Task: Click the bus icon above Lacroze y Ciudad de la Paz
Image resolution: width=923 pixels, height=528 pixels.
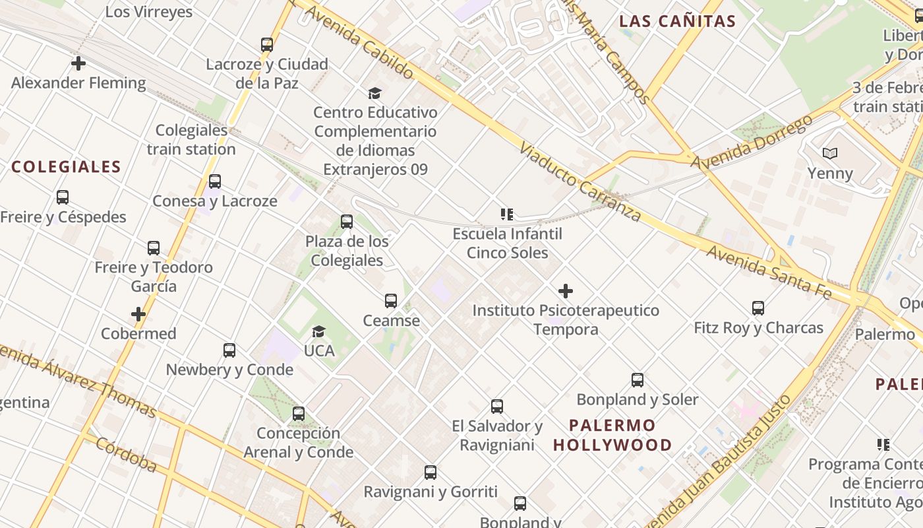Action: (x=266, y=45)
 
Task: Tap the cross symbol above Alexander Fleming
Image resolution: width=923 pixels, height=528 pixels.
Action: (x=78, y=63)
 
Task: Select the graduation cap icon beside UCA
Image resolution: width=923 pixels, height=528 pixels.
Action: (x=319, y=331)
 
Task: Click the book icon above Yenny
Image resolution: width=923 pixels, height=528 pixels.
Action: (x=830, y=154)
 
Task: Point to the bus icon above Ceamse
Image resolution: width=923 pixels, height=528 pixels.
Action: (x=391, y=301)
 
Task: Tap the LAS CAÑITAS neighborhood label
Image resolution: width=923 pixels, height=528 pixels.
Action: (x=677, y=21)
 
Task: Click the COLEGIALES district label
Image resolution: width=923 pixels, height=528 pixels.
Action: (x=66, y=166)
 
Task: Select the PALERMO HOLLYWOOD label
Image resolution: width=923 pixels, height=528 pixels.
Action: (x=612, y=435)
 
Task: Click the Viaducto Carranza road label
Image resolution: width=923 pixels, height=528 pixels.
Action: (x=580, y=181)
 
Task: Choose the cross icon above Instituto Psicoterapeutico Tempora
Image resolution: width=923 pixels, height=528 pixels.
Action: (x=566, y=290)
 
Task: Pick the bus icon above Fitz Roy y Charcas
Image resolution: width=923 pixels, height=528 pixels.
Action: (x=758, y=308)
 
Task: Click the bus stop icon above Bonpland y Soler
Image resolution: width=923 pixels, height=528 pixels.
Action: (x=637, y=380)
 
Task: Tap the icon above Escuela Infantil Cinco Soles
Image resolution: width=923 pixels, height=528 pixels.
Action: (x=507, y=214)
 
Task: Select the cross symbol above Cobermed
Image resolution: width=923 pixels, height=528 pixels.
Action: (x=138, y=314)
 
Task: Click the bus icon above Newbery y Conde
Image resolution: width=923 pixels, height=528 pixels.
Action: (x=229, y=350)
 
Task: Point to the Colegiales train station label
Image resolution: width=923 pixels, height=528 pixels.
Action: (x=191, y=140)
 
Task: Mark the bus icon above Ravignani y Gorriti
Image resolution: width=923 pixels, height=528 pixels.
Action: (x=431, y=473)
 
